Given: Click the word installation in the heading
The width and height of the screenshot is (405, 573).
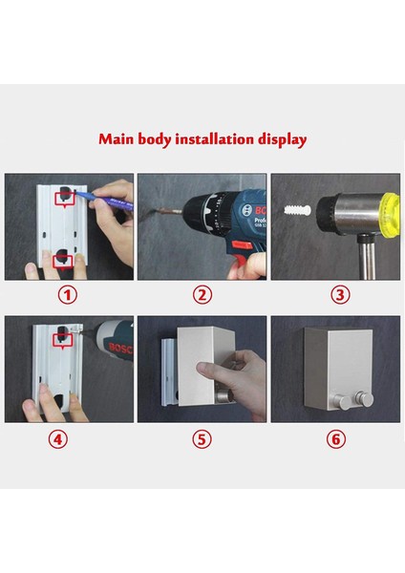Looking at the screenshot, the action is [x=215, y=138].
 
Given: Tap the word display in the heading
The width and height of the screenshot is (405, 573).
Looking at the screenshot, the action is [x=282, y=140].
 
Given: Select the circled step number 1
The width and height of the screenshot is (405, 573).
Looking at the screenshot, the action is [x=68, y=294].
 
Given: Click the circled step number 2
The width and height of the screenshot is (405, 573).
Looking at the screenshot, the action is [x=202, y=294].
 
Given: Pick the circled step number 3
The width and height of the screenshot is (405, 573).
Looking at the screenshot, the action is [x=340, y=294].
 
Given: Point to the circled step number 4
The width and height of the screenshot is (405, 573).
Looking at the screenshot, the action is [x=58, y=439].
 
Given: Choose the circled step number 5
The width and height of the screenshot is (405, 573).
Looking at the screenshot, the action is [x=202, y=439].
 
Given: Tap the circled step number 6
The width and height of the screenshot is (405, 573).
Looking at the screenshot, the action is [x=336, y=439].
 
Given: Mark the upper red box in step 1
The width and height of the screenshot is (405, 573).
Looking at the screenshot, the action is [x=65, y=199].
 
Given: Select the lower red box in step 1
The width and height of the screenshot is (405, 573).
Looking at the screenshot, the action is [x=64, y=262].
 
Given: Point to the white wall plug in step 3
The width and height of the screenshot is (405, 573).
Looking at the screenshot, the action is [x=297, y=210].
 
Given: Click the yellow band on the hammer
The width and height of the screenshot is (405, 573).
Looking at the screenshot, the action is [x=390, y=213].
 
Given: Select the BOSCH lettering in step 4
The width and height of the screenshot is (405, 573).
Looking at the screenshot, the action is [x=120, y=349].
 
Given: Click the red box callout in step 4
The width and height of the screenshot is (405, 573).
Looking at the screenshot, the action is [x=63, y=340].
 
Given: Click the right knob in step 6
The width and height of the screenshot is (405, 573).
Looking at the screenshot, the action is [x=365, y=398].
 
